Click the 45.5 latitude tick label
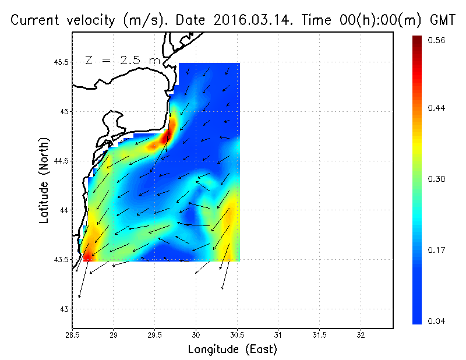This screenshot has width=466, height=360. click(x=61, y=62)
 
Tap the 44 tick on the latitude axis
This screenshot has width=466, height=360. click(x=64, y=210)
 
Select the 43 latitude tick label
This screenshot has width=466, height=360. click(x=64, y=309)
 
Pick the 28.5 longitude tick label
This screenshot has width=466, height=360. click(x=72, y=336)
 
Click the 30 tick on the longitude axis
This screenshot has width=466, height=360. click(x=196, y=336)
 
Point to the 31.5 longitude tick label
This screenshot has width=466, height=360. click(x=319, y=336)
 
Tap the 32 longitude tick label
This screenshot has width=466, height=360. click(x=361, y=336)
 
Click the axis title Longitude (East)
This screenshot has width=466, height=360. click(x=232, y=350)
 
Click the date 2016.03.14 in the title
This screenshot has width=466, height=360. click(x=257, y=20)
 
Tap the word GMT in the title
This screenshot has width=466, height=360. click(x=442, y=20)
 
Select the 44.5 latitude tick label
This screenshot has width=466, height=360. click(x=61, y=161)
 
